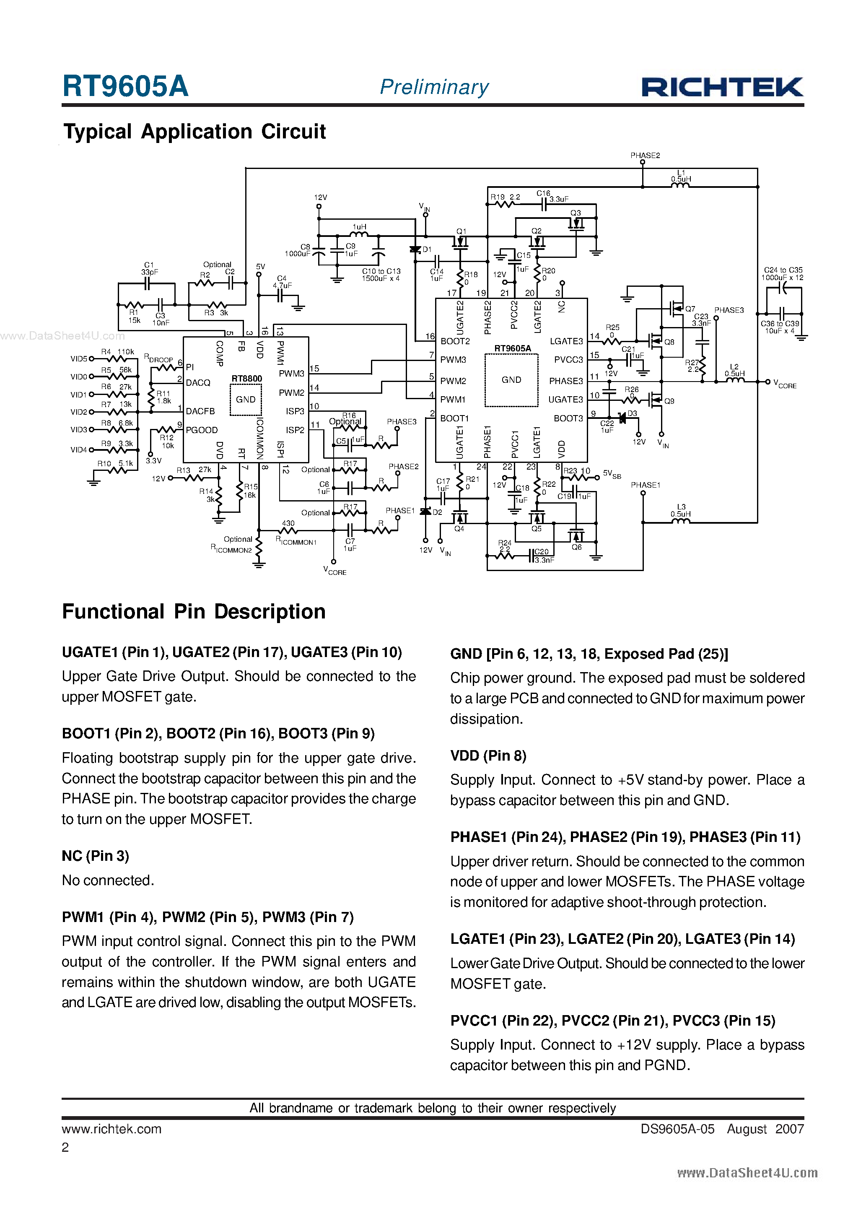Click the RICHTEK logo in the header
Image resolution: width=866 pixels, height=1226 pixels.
point(722,87)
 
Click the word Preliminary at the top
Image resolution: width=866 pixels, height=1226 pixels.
point(434,87)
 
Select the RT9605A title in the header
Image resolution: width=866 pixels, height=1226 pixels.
point(125,86)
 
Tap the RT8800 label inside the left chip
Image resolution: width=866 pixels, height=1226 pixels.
point(246,379)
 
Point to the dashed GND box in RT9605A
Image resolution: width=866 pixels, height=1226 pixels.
point(511,379)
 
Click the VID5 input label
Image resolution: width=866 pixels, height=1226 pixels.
point(78,359)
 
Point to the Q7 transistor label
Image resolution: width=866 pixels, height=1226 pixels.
point(690,309)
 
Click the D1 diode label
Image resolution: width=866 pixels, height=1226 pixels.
point(427,249)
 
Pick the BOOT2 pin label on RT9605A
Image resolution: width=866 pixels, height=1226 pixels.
point(455,341)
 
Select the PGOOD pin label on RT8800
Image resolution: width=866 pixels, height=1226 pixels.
point(201,430)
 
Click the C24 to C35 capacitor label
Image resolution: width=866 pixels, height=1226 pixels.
point(783,274)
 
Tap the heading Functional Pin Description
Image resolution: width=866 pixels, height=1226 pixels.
point(194,612)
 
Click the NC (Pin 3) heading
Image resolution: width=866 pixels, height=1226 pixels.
point(96,856)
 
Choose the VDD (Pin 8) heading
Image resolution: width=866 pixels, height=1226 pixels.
point(488,756)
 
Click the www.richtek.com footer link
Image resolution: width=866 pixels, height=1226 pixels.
point(111,1129)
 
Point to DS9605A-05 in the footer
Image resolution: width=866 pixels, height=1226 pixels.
point(677,1129)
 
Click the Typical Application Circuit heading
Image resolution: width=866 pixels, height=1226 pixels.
point(194,131)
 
